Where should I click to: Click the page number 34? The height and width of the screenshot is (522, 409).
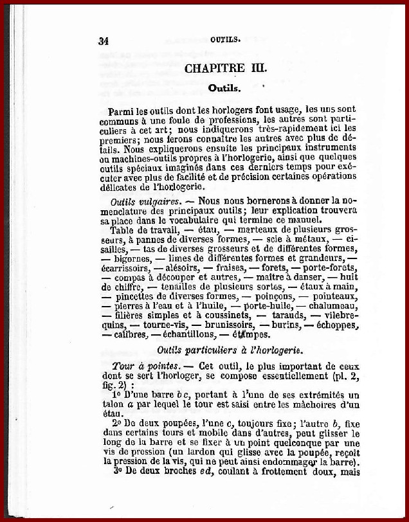coord(103,40)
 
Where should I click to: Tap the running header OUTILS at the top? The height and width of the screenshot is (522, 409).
coord(225,39)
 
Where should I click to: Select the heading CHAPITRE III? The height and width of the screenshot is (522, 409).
coord(226,68)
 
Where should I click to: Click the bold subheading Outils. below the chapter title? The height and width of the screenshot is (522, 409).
coord(224,87)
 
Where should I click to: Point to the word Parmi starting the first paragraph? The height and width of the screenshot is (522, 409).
coord(122,111)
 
